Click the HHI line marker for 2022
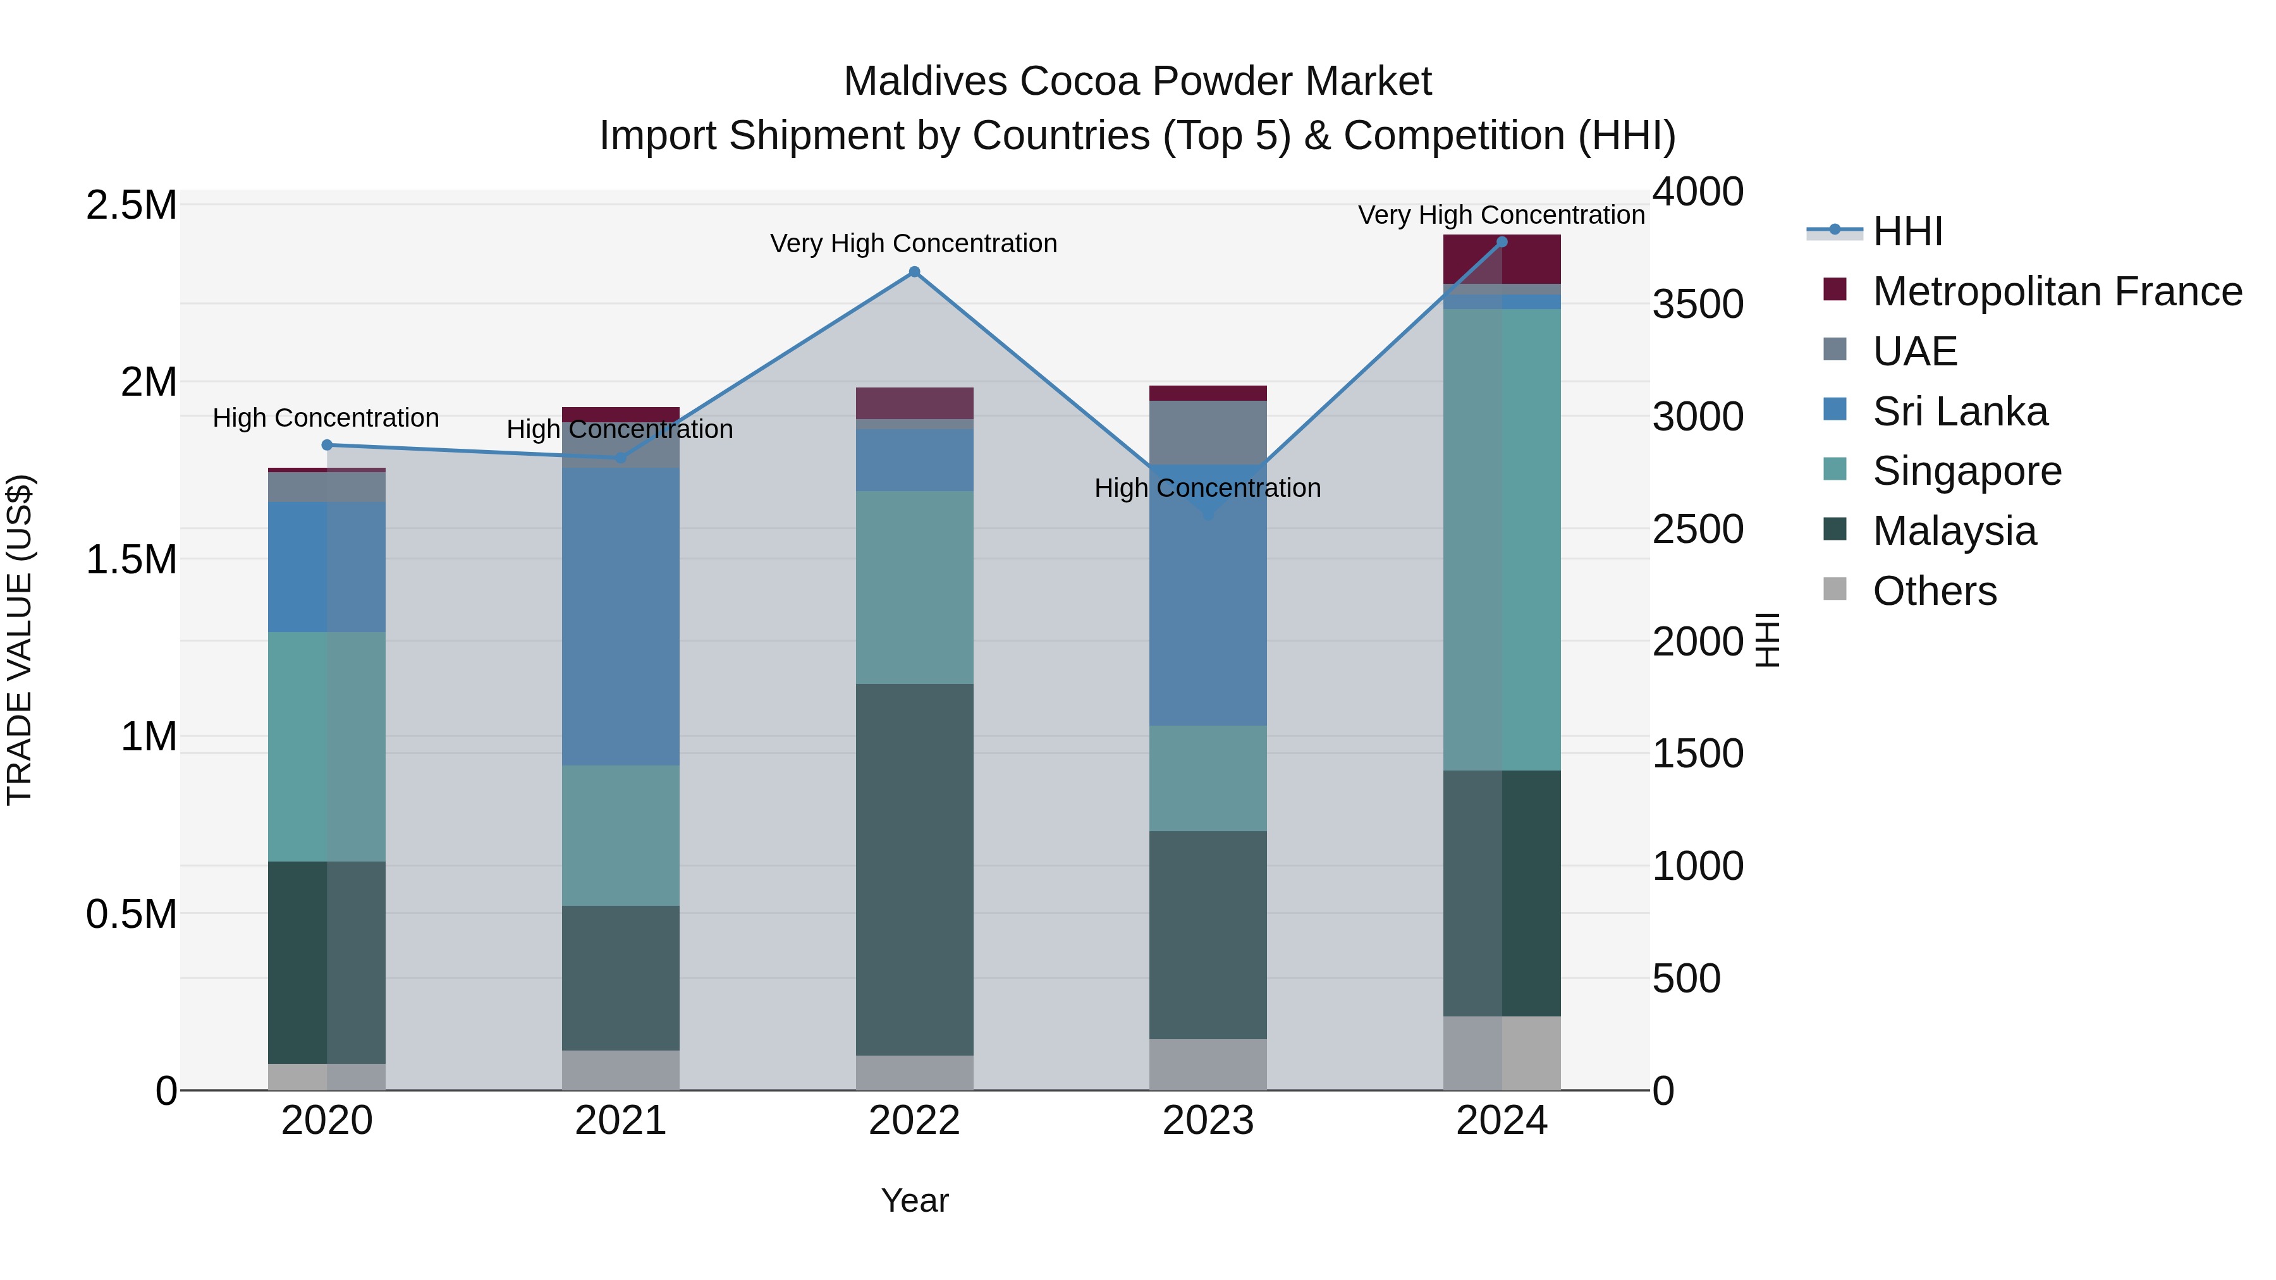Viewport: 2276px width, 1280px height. click(x=914, y=272)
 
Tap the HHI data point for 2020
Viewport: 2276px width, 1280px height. click(x=327, y=445)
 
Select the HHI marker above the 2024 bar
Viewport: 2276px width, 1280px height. click(x=1502, y=242)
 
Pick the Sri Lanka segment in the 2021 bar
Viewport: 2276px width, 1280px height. click(x=620, y=616)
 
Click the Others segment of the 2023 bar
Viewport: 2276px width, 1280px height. click(x=1208, y=1064)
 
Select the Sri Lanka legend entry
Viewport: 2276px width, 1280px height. click(x=1960, y=411)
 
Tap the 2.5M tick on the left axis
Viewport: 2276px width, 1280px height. click(x=131, y=205)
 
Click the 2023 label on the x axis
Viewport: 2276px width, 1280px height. click(x=1208, y=1121)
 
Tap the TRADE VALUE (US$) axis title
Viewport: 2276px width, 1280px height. click(x=20, y=640)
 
